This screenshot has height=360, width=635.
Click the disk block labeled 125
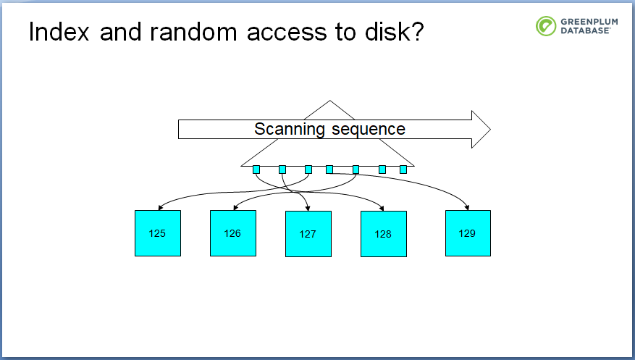click(x=158, y=233)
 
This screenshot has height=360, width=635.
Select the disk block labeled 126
click(x=233, y=233)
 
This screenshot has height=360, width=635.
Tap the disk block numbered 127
click(x=308, y=234)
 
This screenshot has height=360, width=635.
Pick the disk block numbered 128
click(x=384, y=234)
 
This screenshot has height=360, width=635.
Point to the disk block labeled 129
click(x=468, y=233)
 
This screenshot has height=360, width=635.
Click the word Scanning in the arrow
click(x=289, y=130)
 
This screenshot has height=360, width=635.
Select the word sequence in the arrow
click(x=369, y=130)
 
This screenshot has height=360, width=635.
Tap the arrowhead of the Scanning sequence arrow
click(x=481, y=129)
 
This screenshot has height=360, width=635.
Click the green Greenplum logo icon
click(x=546, y=26)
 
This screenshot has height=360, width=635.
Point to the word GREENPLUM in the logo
click(x=589, y=22)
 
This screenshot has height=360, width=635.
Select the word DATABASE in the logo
click(x=585, y=30)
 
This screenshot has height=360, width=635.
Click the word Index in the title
click(x=59, y=32)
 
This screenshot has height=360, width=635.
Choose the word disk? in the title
click(x=394, y=32)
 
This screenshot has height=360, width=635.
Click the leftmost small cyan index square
click(x=256, y=169)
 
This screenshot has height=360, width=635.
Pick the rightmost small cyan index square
click(x=403, y=169)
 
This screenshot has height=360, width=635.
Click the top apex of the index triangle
click(x=329, y=101)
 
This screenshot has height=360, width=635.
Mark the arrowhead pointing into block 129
click(x=467, y=208)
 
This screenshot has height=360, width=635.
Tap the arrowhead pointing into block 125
click(x=160, y=208)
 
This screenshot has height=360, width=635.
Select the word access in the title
click(x=287, y=32)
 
